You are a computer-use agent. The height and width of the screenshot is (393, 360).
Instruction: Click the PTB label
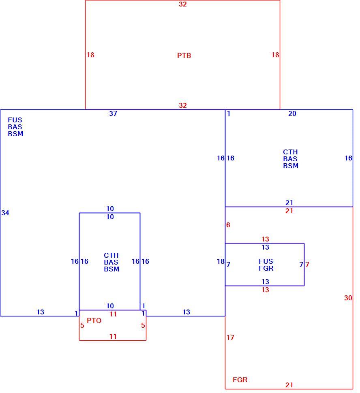click(x=184, y=56)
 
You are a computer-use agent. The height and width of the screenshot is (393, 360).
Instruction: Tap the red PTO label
click(x=94, y=320)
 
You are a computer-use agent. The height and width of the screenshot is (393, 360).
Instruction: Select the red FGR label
click(x=240, y=380)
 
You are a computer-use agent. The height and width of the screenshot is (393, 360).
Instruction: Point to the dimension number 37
click(x=113, y=113)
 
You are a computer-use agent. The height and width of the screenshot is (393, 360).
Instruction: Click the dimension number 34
click(x=5, y=213)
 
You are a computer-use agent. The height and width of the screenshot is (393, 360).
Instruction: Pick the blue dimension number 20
click(x=292, y=113)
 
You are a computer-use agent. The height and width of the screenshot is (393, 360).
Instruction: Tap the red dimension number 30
click(x=348, y=298)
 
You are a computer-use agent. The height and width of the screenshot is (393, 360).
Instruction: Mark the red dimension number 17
click(x=230, y=337)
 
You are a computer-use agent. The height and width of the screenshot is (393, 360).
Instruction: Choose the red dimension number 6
click(x=228, y=225)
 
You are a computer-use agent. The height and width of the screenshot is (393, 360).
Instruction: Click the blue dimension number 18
click(x=221, y=261)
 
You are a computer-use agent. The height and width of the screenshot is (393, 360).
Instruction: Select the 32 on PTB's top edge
click(x=182, y=4)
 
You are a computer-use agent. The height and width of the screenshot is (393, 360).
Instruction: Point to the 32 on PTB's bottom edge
click(x=182, y=105)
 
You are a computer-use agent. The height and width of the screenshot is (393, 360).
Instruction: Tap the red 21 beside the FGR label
click(x=289, y=385)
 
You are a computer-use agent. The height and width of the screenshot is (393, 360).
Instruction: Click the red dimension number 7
click(x=307, y=265)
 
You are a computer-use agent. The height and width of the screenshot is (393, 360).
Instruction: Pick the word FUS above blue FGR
click(x=266, y=261)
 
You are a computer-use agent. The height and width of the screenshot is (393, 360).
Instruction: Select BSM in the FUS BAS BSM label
click(x=15, y=134)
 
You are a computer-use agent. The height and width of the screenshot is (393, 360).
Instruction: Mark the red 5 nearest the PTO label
click(x=82, y=325)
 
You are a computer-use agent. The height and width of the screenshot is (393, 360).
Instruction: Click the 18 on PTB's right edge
click(x=275, y=55)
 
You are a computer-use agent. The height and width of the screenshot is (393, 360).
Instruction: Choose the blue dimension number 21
click(x=289, y=203)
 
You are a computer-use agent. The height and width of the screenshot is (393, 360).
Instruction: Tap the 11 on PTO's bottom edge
click(x=113, y=336)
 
